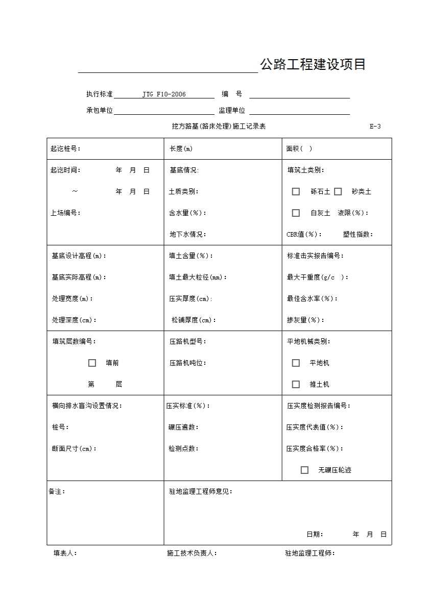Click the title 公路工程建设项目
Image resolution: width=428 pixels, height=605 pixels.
[313, 65]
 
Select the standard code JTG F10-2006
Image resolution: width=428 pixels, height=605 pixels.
[164, 94]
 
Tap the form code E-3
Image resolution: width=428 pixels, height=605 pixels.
[375, 127]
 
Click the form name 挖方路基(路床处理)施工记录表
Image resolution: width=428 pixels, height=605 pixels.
[219, 127]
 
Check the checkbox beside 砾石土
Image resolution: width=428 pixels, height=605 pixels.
[296, 192]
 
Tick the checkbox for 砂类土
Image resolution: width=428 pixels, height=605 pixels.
[338, 192]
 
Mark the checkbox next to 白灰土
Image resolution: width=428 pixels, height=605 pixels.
[296, 213]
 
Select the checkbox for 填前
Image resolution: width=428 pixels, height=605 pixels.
[92, 363]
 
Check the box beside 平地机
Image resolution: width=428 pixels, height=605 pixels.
[296, 363]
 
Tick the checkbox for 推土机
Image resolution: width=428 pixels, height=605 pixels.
[296, 385]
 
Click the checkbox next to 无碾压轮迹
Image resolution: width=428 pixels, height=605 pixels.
[304, 470]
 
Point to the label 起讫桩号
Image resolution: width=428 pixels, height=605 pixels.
[65, 149]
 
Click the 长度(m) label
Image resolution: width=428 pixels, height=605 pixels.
[181, 149]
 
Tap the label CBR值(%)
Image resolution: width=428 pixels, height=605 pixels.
[304, 235]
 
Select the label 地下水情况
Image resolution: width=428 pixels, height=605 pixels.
[187, 235]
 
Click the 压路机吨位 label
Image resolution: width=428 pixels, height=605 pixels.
[187, 363]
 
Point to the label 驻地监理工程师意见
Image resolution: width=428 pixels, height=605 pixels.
[200, 492]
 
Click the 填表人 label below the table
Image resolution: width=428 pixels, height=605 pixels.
[65, 553]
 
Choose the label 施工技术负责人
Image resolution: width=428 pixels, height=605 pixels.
[192, 553]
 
